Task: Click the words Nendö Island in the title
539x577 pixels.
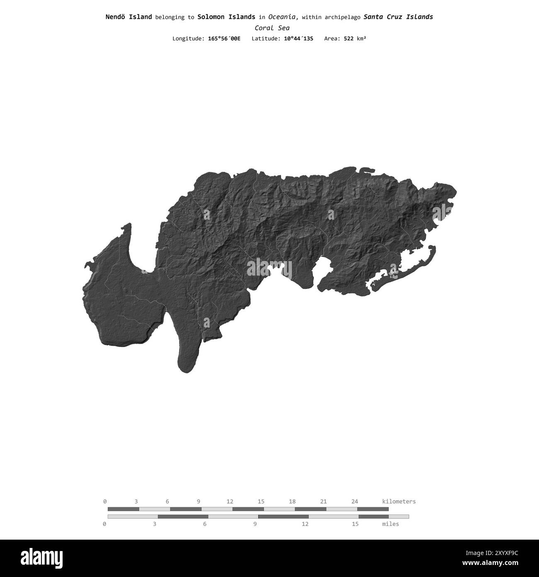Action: point(129,17)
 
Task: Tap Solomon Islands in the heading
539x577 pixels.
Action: point(226,17)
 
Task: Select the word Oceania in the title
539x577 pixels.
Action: point(282,17)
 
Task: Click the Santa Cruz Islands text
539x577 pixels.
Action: point(398,17)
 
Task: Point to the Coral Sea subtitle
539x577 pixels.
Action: point(272,28)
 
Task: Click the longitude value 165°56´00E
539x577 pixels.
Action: point(224,39)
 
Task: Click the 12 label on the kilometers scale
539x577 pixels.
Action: point(230,501)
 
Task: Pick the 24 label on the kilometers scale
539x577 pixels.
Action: point(354,501)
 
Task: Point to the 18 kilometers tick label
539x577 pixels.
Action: point(292,501)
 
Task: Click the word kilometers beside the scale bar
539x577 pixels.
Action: point(398,501)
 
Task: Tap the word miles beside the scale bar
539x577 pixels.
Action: point(390,524)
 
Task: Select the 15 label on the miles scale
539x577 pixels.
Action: point(355,524)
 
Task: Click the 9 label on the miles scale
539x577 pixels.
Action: point(255,524)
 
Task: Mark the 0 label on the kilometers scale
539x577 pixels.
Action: point(105,501)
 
